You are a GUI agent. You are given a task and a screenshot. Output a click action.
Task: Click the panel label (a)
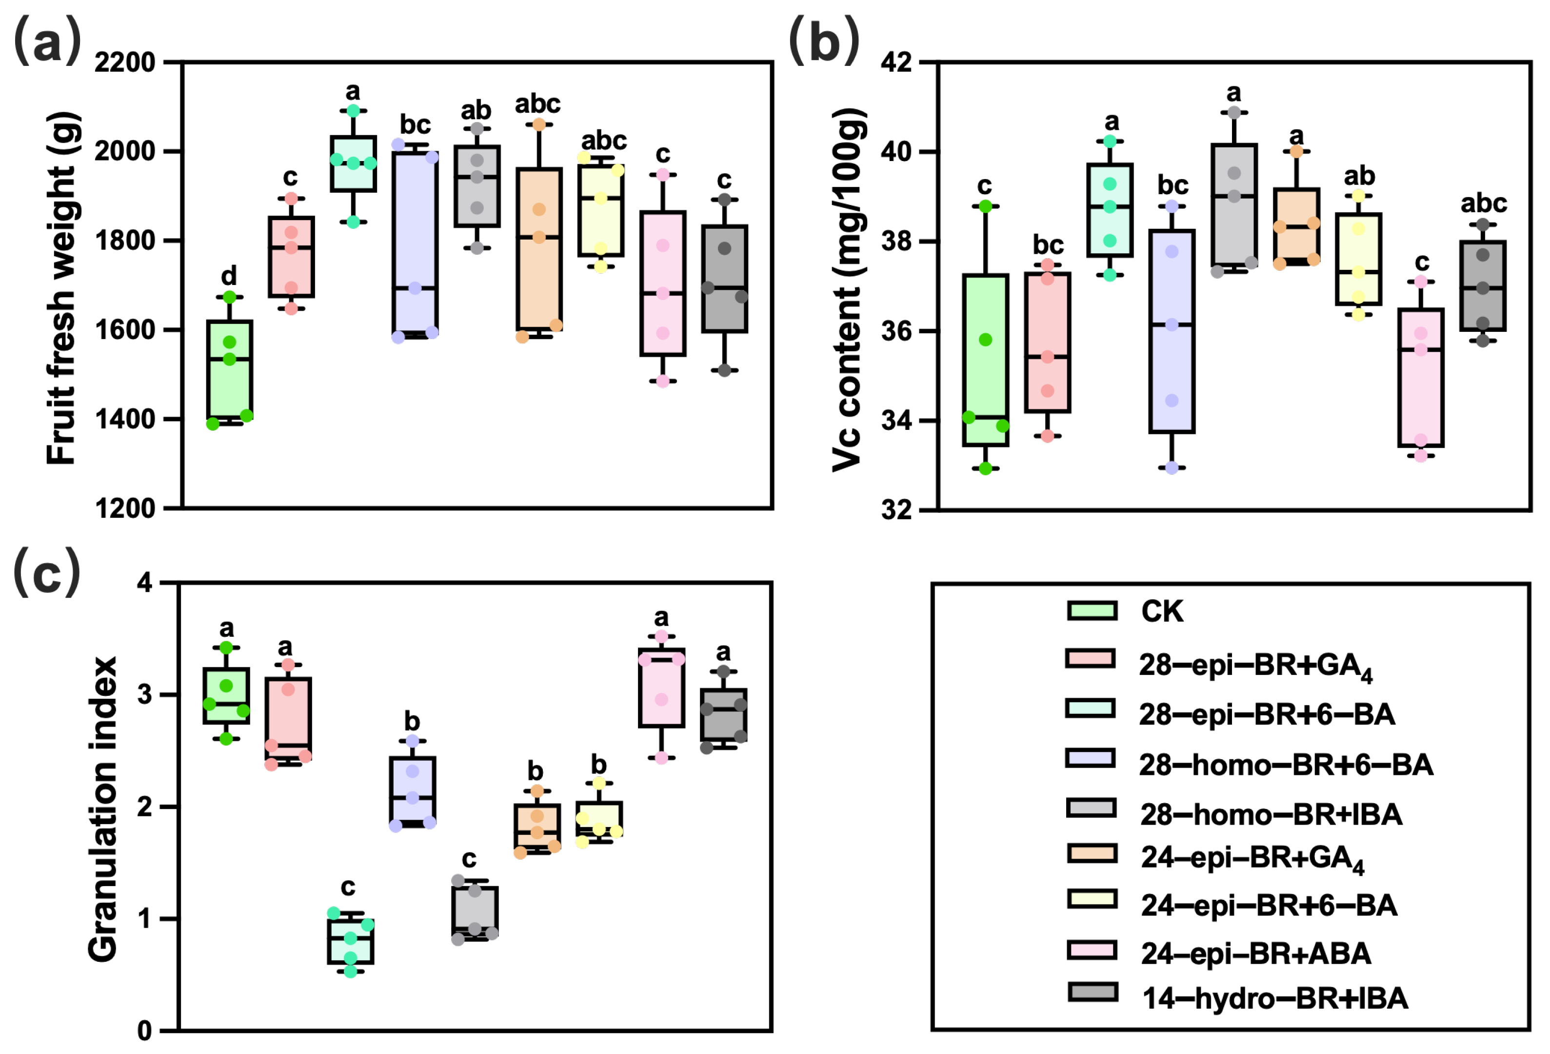(x=47, y=41)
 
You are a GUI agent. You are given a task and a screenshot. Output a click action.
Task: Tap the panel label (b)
(x=824, y=41)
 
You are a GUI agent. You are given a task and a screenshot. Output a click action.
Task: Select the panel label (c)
(x=47, y=572)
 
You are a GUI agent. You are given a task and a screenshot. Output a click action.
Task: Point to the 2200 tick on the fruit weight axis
(x=125, y=63)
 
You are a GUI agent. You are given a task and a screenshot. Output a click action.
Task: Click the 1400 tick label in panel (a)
(x=125, y=420)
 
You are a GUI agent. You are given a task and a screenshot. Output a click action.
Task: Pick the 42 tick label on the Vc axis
(x=896, y=63)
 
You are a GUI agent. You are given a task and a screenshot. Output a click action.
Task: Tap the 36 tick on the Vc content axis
(x=896, y=331)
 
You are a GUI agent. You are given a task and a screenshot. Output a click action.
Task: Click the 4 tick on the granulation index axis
(x=145, y=583)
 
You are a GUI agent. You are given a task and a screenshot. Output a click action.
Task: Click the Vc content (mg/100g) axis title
(x=848, y=288)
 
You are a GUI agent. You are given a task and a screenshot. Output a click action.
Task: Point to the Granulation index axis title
(x=103, y=809)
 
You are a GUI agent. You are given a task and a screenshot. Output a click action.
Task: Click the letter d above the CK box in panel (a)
(x=229, y=275)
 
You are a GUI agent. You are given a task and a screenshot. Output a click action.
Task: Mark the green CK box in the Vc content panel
(x=985, y=360)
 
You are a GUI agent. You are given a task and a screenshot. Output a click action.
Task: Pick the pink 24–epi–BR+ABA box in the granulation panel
(x=662, y=688)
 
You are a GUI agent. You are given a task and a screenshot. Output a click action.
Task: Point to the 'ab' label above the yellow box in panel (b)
(x=1359, y=176)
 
